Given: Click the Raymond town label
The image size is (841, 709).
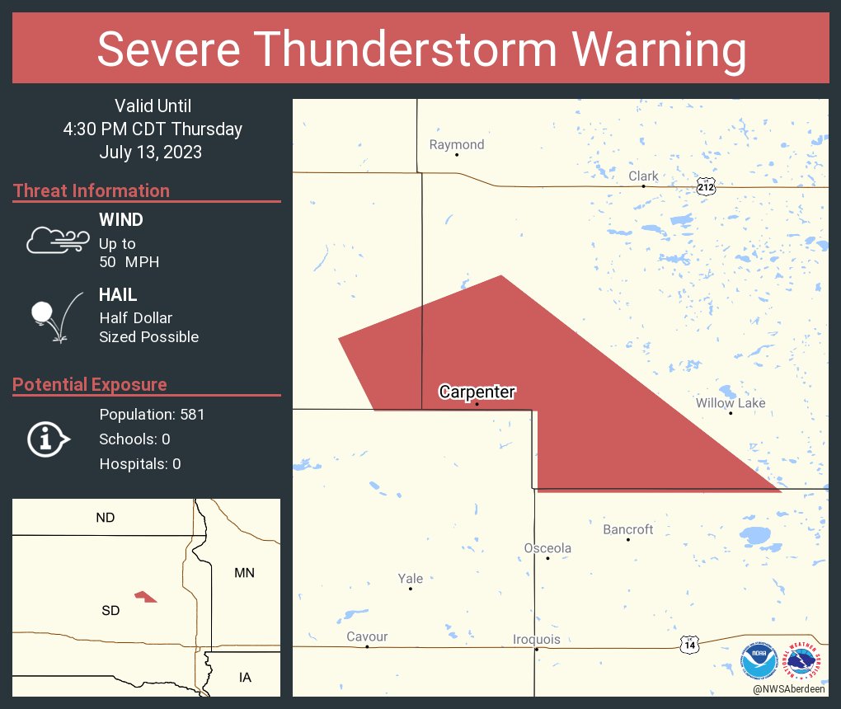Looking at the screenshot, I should (457, 145).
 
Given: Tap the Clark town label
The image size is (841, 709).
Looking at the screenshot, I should (643, 176).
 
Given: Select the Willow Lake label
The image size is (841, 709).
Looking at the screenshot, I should (730, 403).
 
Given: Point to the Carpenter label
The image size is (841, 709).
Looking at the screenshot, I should (477, 392).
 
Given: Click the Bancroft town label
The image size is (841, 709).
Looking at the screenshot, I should (627, 529).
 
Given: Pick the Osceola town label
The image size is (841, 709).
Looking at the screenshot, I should (547, 548).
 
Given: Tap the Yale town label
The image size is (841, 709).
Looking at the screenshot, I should (410, 579).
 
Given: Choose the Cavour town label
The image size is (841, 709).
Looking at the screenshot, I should (367, 636).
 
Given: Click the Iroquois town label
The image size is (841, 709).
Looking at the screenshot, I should (536, 640).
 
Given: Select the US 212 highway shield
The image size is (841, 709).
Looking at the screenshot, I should (705, 186).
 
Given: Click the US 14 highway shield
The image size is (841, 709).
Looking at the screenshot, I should (689, 645).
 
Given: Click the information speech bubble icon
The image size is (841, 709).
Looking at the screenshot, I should (48, 439).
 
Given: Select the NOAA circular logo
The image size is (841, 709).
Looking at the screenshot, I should (759, 662).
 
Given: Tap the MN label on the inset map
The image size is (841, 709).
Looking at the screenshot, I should (244, 572).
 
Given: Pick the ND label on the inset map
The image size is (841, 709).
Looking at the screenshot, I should (106, 518).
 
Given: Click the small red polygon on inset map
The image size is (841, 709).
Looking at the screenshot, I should (146, 596).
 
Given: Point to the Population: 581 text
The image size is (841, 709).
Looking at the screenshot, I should (152, 414).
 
